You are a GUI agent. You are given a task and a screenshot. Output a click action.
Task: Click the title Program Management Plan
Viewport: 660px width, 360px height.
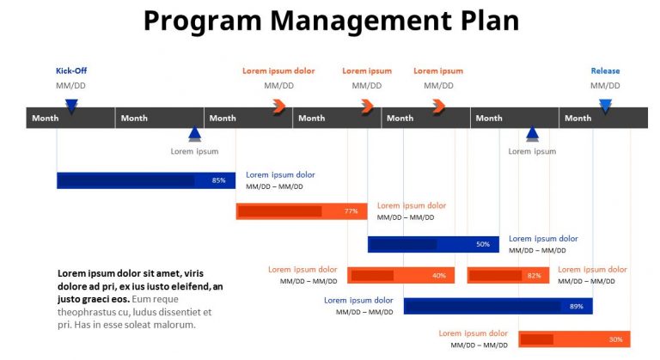click(x=331, y=21)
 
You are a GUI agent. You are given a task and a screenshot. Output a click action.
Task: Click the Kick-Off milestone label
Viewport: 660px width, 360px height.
click(x=71, y=71)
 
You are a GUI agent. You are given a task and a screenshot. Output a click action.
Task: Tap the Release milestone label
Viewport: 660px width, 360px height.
click(x=605, y=71)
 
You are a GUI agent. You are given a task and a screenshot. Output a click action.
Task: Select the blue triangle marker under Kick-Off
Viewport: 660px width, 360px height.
click(x=71, y=107)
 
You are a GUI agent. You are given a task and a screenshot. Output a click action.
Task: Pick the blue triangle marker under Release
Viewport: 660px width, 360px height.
click(x=605, y=107)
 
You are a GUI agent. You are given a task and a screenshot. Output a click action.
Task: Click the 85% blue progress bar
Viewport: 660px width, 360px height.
click(x=145, y=180)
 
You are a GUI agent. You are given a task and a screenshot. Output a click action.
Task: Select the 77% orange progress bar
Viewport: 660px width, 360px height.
click(x=301, y=211)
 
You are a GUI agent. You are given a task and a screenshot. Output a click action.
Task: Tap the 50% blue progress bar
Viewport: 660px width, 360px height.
click(x=420, y=244)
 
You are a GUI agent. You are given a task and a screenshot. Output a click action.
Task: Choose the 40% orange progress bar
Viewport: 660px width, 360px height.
click(x=400, y=276)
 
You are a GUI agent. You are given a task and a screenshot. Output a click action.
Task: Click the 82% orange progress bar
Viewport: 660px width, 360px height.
click(x=508, y=276)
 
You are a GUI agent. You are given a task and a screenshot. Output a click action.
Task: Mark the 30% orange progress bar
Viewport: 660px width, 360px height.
click(x=573, y=339)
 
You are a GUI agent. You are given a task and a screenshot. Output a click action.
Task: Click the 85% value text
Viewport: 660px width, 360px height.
click(x=219, y=180)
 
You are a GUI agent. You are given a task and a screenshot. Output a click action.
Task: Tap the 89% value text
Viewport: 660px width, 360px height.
click(x=576, y=306)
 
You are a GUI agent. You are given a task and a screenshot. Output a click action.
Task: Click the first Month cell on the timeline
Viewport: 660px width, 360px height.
click(x=45, y=118)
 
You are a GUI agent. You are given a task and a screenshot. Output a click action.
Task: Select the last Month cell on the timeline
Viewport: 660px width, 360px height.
click(x=578, y=118)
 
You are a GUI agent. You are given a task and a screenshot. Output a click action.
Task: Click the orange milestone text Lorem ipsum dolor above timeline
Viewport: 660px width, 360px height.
click(x=278, y=71)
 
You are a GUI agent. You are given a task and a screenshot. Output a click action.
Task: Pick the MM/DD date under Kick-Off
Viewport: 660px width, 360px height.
click(x=71, y=86)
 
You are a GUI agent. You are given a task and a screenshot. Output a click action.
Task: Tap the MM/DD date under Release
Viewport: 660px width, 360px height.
click(x=605, y=86)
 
